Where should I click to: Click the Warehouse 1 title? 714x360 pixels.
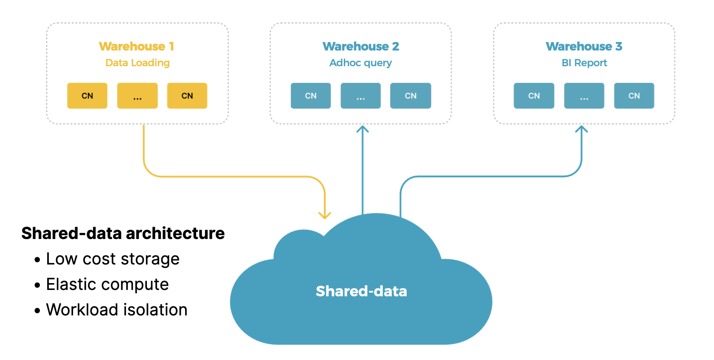(136, 46)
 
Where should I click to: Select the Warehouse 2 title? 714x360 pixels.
(360, 46)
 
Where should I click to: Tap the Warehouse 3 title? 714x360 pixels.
(584, 46)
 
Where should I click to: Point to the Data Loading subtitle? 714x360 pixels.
(138, 63)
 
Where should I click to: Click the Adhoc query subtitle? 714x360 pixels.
(360, 63)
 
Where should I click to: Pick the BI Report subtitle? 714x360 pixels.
(584, 63)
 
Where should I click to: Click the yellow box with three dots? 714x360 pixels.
(138, 96)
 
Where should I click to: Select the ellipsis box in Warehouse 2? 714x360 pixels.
(360, 96)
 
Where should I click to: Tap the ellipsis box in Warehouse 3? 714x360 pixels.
(584, 96)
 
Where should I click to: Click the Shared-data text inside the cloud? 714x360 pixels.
(361, 291)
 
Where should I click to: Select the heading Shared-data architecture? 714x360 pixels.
(123, 233)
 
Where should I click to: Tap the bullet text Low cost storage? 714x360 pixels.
(112, 259)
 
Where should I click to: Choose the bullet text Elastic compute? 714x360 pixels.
(107, 284)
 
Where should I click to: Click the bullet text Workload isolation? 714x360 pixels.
(117, 310)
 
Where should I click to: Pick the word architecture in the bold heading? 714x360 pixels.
(175, 233)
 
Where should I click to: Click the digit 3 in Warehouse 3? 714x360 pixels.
(618, 46)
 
